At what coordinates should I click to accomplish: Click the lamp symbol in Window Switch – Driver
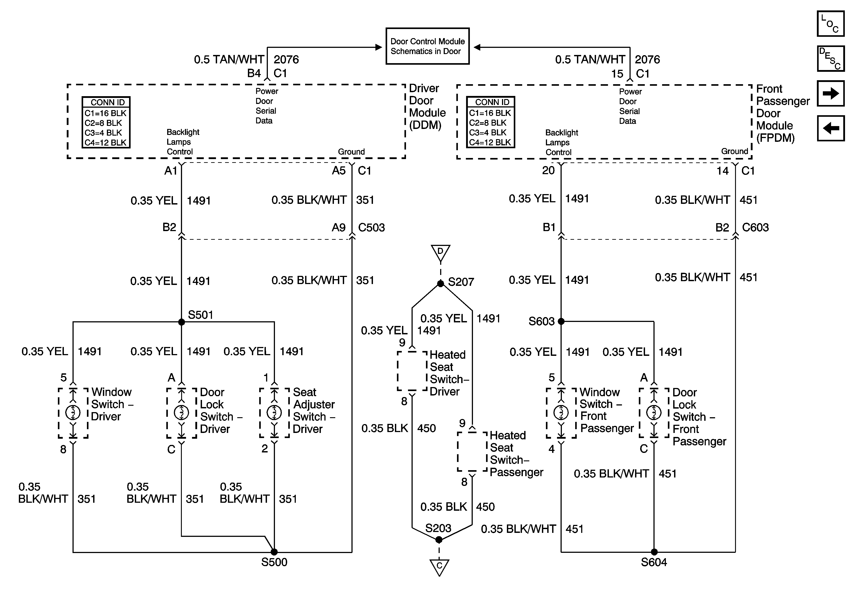pyautogui.click(x=73, y=412)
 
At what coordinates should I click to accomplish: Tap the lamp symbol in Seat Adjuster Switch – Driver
pyautogui.click(x=274, y=412)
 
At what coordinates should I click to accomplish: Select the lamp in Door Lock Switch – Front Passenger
pyautogui.click(x=654, y=412)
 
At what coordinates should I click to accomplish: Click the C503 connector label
pyautogui.click(x=371, y=227)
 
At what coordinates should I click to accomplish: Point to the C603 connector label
pyautogui.click(x=755, y=227)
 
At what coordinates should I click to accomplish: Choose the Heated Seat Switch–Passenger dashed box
pyautogui.click(x=472, y=452)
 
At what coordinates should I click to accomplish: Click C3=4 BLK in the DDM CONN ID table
pyautogui.click(x=103, y=133)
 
